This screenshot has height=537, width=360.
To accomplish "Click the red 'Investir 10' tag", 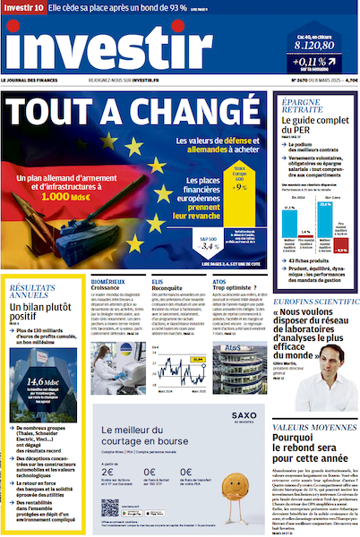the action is (23, 8).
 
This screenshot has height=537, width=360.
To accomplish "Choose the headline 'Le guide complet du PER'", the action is (307, 128).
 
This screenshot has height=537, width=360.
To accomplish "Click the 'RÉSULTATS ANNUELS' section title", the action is (33, 291).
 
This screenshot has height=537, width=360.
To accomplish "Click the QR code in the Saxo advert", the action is (110, 507).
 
